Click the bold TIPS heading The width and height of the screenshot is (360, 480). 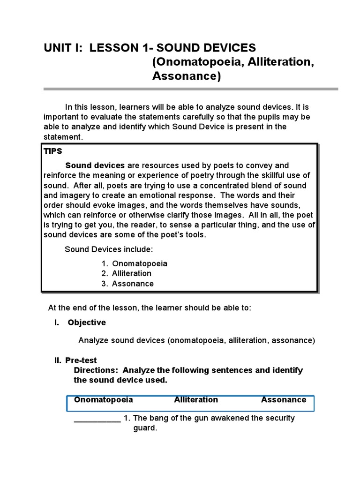click(52, 152)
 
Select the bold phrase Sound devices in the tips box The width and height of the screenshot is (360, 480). click(95, 165)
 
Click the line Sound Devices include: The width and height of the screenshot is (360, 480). click(109, 249)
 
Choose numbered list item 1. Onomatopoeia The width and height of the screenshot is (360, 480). click(135, 263)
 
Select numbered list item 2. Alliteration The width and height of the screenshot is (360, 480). click(127, 273)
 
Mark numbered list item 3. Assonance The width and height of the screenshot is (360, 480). click(127, 284)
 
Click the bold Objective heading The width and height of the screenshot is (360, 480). click(87, 322)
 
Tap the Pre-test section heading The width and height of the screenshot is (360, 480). click(81, 360)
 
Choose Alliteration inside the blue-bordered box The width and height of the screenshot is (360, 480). click(196, 400)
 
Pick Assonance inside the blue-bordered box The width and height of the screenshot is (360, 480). click(284, 400)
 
